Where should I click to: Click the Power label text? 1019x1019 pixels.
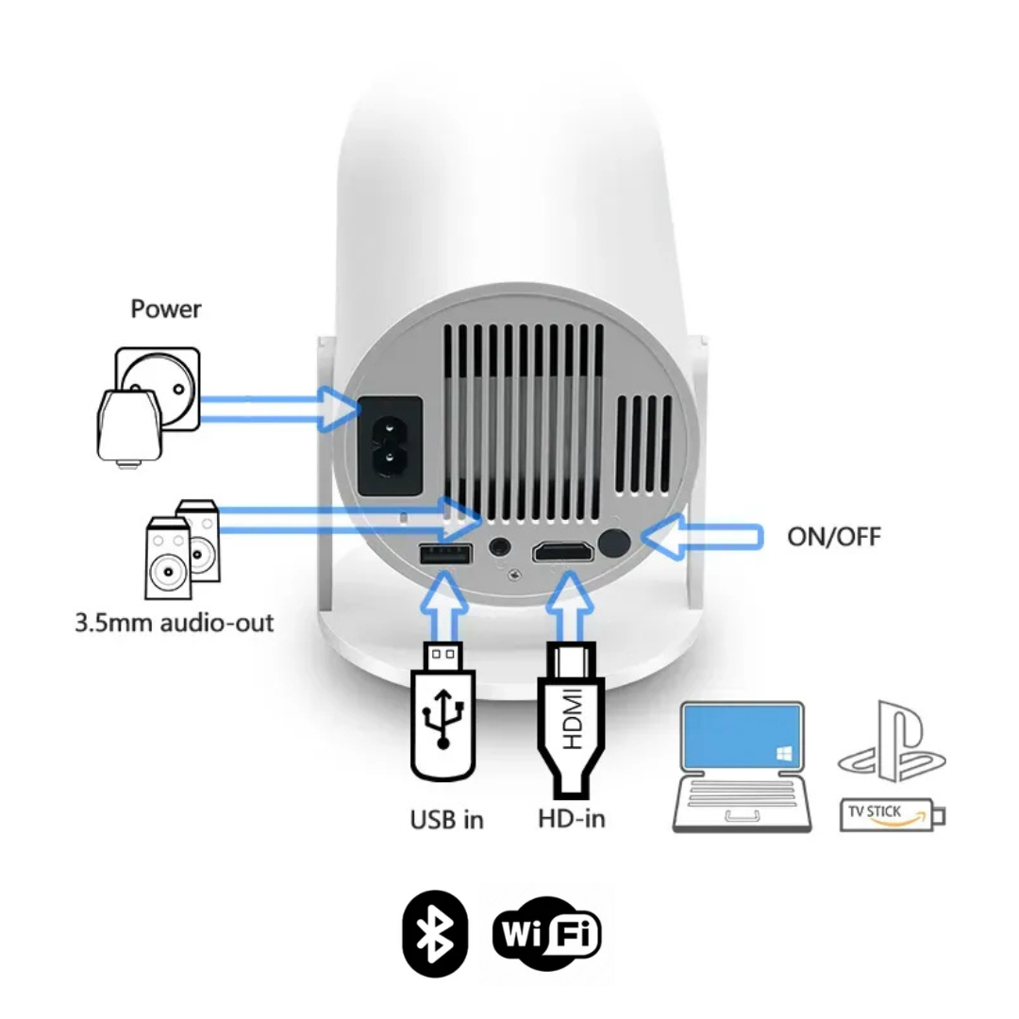point(166,309)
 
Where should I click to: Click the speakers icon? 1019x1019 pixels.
point(183,550)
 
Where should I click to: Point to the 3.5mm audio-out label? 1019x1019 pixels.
point(175,623)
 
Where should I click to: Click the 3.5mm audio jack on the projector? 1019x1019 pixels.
point(500,546)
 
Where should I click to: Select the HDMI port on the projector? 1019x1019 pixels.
point(562,551)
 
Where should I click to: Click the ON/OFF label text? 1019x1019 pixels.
point(834,537)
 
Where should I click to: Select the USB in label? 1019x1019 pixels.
point(446,819)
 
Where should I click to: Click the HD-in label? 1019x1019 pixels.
point(572,818)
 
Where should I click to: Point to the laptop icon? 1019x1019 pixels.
point(742,766)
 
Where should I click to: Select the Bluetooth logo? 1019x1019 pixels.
point(435,933)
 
